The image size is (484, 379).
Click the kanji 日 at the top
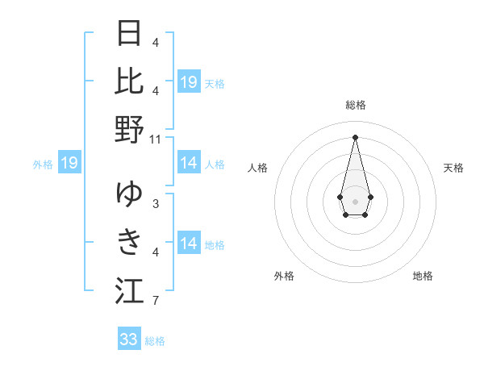click(130, 35)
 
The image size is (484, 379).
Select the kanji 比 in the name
click(130, 81)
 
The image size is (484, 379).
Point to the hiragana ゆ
click(130, 194)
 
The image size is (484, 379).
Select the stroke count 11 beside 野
click(156, 139)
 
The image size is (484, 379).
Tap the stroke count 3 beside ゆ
click(156, 204)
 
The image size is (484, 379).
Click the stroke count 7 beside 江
click(156, 302)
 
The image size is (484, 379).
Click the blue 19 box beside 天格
click(189, 82)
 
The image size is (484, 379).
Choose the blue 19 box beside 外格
click(69, 164)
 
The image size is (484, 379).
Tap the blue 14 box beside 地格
click(189, 244)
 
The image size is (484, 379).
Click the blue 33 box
click(129, 339)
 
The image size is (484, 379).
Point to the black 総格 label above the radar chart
click(356, 105)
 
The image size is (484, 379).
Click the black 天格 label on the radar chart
click(453, 168)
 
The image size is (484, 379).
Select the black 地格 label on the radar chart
click(423, 276)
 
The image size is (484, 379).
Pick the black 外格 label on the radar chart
click(284, 276)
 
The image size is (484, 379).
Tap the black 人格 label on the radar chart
click(257, 168)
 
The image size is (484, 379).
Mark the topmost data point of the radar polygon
click(355, 137)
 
